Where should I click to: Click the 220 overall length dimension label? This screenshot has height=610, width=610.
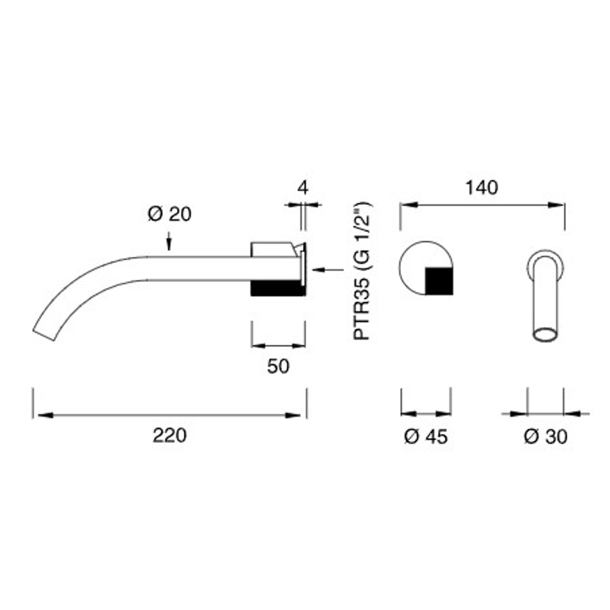coord(169,435)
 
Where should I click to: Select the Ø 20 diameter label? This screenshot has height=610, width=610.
coord(170,214)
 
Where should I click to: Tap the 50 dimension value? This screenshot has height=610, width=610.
coord(278,366)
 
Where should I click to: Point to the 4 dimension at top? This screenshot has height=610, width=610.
coord(303,188)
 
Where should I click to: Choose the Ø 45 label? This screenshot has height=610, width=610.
coord(426,436)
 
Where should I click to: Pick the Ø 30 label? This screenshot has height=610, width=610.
coord(545,436)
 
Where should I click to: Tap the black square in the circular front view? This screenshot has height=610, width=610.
coord(439,281)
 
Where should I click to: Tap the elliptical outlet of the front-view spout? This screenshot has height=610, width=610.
coord(545,334)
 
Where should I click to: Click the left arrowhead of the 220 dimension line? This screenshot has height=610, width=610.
coord(44,415)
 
